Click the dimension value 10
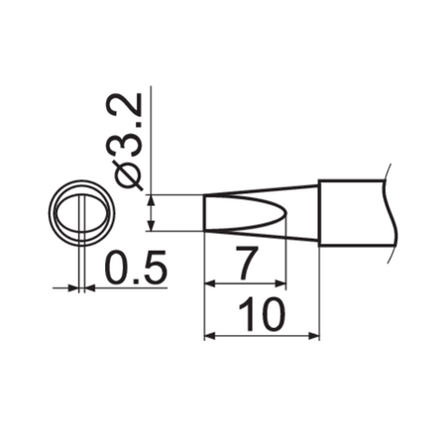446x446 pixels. tap(262, 316)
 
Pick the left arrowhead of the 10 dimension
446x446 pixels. tap(209, 337)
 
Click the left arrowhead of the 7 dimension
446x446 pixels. tap(209, 283)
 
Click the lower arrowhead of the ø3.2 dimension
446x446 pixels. tap(151, 225)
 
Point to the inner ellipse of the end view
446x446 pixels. tap(78, 212)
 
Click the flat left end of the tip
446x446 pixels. tap(204, 212)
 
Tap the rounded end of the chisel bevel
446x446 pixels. tap(281, 212)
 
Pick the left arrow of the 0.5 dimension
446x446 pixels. tap(69, 288)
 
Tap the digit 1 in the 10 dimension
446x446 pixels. tap(247, 316)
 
